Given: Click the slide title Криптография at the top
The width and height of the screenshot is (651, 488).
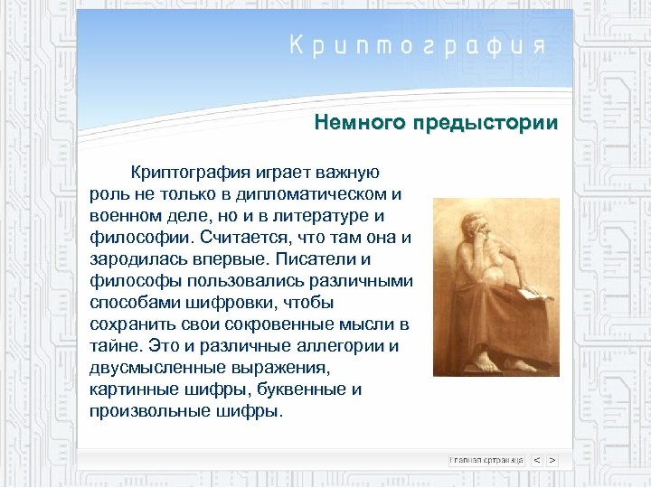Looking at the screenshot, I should tap(417, 46).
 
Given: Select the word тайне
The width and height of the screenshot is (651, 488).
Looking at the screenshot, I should tap(113, 346).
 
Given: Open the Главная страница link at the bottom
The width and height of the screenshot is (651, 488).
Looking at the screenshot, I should tap(486, 460).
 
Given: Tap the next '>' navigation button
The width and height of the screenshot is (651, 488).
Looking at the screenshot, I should tap(552, 460).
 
